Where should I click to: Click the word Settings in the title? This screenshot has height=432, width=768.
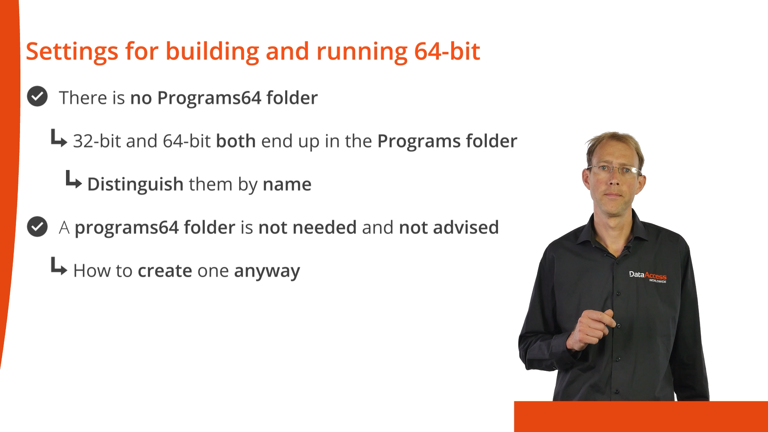coord(72,52)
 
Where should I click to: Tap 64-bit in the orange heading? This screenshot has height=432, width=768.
coord(447,51)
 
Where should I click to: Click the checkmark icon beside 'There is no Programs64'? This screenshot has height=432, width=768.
coord(37,96)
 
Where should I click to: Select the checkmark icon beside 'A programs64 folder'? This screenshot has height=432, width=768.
coord(37,226)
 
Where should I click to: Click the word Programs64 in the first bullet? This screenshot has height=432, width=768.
coord(209,98)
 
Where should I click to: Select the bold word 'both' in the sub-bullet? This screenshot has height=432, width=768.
coord(236,141)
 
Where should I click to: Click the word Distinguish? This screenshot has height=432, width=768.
coord(135,185)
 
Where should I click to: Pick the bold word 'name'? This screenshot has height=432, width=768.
coord(287,184)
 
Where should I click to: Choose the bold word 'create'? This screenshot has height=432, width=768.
coord(165,271)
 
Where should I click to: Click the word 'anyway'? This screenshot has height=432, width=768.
coord(267,272)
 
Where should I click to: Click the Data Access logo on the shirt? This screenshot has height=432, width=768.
coord(648,276)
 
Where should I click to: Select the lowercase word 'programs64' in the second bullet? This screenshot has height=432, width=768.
coord(126,228)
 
